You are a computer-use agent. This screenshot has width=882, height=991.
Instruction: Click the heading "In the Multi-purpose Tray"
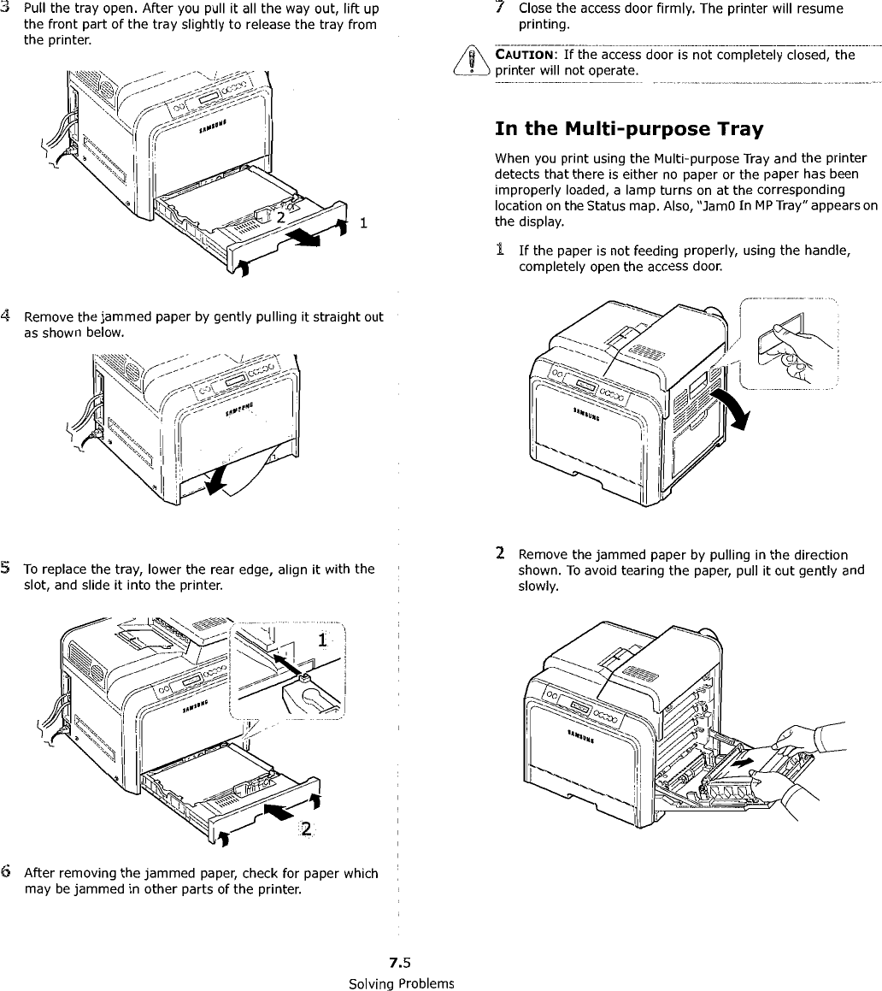click(x=629, y=129)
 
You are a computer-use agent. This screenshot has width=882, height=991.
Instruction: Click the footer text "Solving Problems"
click(x=401, y=982)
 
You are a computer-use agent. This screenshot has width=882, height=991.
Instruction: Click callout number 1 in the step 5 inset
click(x=321, y=640)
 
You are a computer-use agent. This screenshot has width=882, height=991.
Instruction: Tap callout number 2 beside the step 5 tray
click(x=306, y=829)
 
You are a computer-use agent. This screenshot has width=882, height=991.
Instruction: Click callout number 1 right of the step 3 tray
click(x=364, y=225)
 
